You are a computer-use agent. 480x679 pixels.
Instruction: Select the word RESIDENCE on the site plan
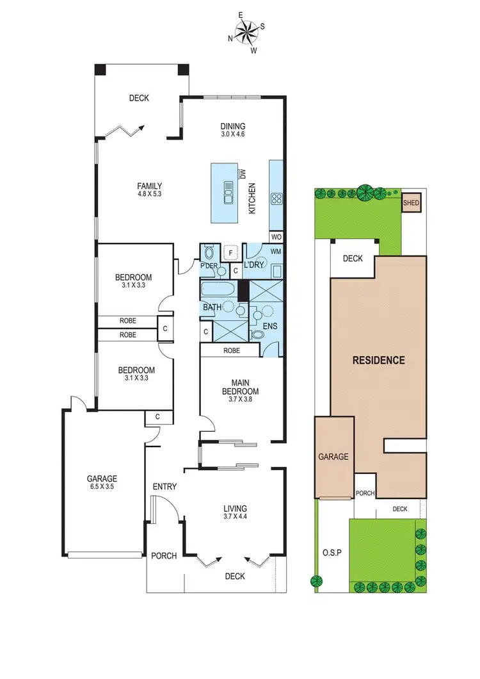point(379,360)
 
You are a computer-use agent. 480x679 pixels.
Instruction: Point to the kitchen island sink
point(227,192)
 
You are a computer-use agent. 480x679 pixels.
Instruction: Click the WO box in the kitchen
point(276,237)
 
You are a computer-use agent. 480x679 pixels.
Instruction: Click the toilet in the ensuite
point(257,334)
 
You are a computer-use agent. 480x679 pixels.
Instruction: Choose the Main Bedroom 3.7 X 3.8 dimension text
point(240,401)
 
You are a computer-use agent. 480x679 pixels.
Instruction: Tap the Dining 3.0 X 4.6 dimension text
point(233,135)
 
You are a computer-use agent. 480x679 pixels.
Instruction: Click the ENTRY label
point(164,487)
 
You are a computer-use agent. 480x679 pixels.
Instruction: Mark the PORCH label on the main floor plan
point(164,555)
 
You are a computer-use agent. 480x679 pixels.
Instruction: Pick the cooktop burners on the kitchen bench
point(277,199)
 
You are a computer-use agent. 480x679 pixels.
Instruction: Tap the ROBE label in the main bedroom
point(232,350)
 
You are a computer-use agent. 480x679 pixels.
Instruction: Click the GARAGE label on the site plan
point(333,457)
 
